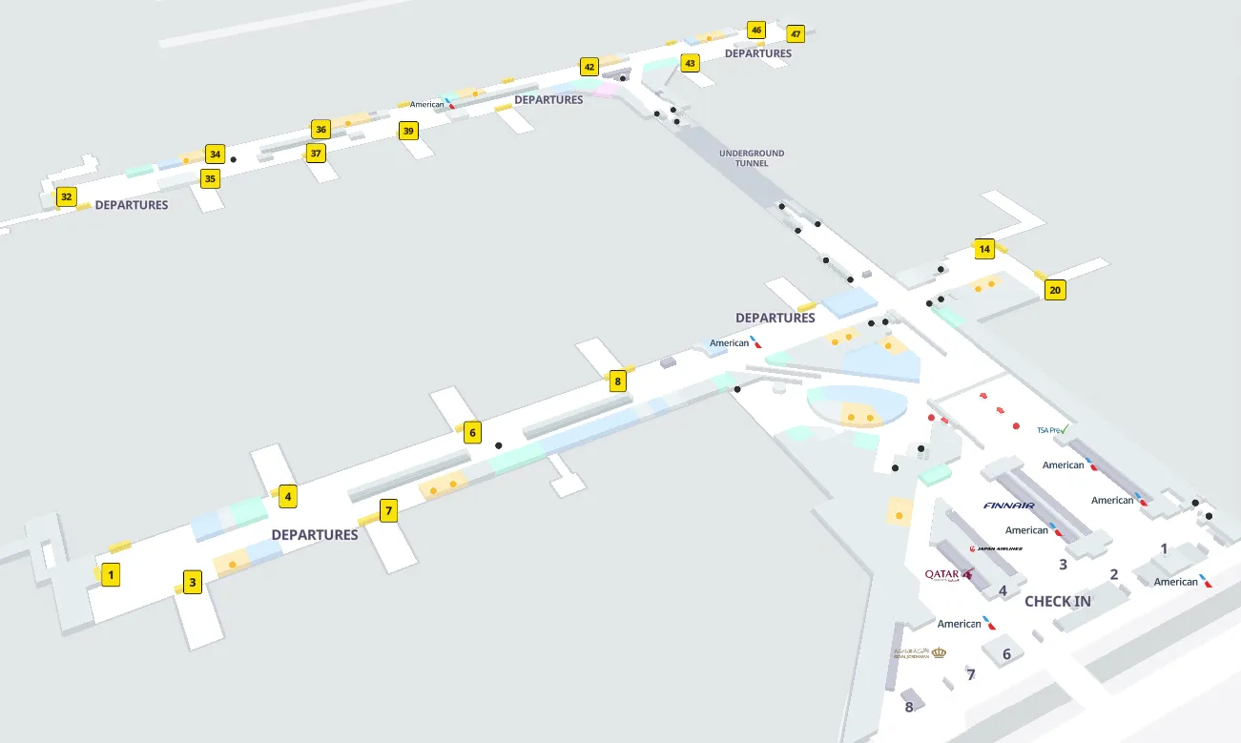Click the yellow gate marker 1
(x=111, y=575)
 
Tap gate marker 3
(x=193, y=583)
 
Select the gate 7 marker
(x=388, y=511)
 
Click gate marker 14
(x=985, y=249)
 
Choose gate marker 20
(x=1054, y=290)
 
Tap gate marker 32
(x=66, y=197)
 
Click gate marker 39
(x=408, y=131)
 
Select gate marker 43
(x=690, y=64)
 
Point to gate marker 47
(x=796, y=34)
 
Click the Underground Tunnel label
(x=752, y=158)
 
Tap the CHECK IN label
(x=1057, y=602)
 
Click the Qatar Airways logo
(x=948, y=574)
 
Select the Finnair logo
(x=1008, y=506)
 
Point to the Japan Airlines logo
(x=996, y=548)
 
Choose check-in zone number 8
(x=909, y=707)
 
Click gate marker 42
(x=589, y=67)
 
